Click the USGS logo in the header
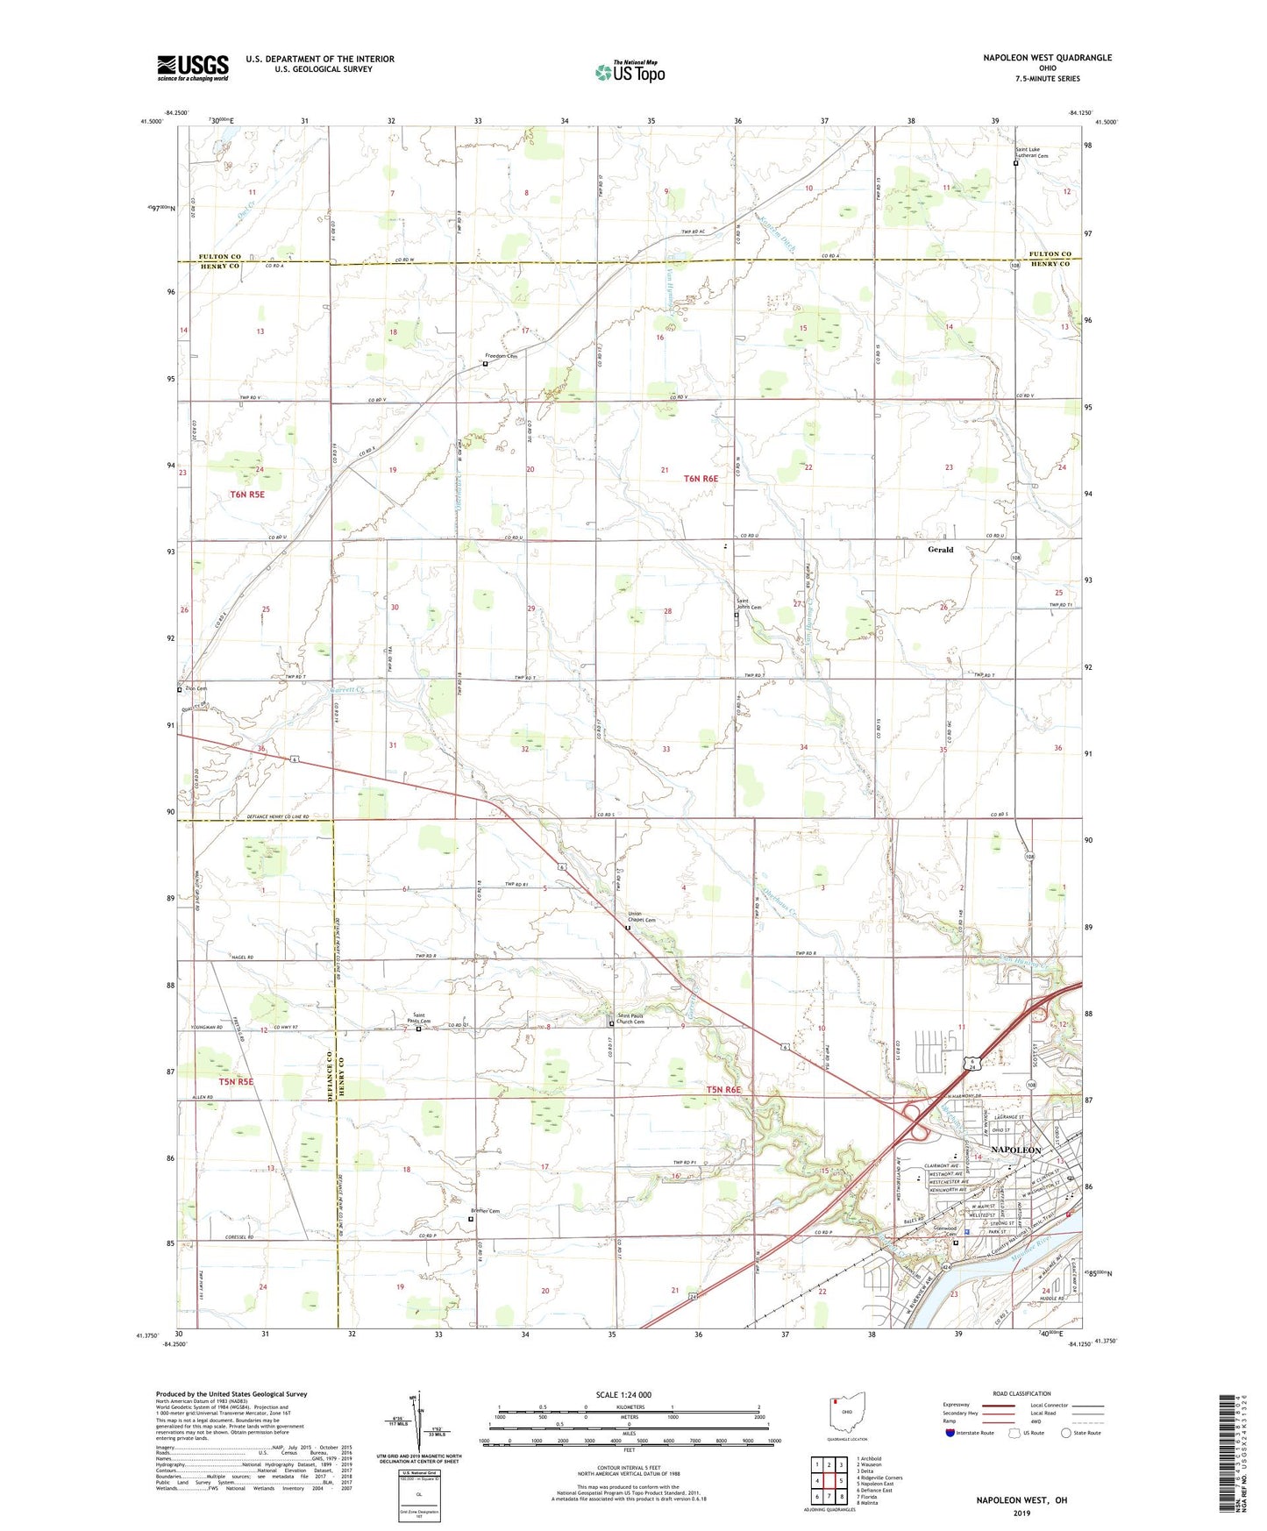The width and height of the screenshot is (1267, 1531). click(x=193, y=68)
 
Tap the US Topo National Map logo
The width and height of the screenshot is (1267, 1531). click(x=630, y=72)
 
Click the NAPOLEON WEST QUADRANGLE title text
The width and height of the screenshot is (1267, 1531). click(x=1047, y=58)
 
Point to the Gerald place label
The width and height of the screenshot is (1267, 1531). click(x=940, y=550)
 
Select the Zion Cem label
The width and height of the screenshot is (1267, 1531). click(x=195, y=689)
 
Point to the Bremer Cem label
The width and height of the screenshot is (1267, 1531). click(x=485, y=1212)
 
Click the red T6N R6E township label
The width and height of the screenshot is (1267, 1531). click(x=701, y=479)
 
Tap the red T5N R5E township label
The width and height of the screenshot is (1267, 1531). click(x=236, y=1082)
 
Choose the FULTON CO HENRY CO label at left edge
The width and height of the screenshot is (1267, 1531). click(x=220, y=261)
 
